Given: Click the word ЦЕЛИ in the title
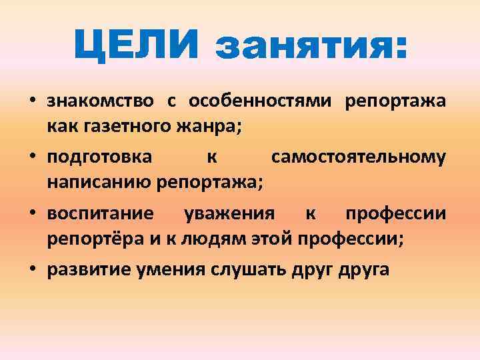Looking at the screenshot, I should tap(135, 46).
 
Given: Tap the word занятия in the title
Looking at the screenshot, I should tap(309, 46).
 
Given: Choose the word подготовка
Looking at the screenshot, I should tap(99, 157).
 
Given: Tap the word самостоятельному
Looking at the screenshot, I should tap(358, 157).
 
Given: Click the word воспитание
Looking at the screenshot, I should tap(101, 214).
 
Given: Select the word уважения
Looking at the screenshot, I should tap(229, 214).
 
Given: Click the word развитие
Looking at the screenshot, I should tap(87, 270).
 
